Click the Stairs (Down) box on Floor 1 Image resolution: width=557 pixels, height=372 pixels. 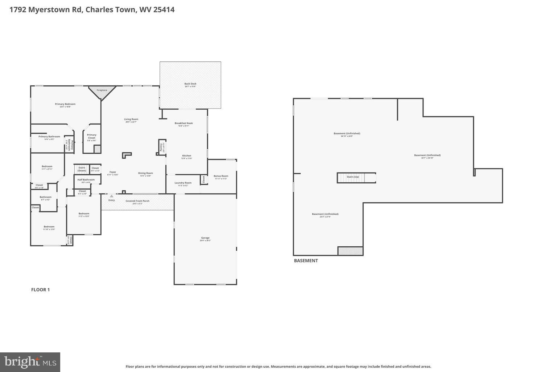click(82, 169)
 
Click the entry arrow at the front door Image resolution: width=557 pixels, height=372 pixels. click(111, 196)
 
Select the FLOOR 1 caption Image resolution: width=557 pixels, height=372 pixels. click(40, 290)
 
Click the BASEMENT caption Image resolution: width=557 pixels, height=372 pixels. click(306, 260)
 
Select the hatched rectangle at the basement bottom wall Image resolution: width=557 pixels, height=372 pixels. click(350, 251)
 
